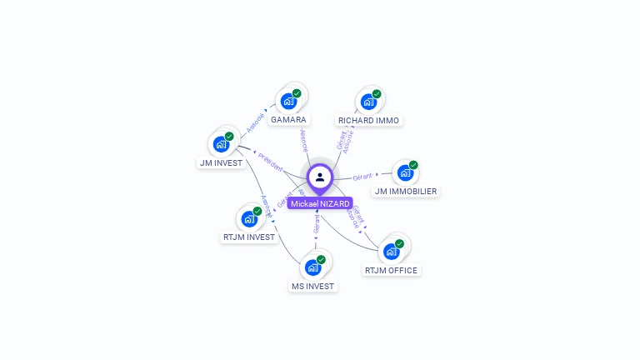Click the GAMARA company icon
tap(288, 102)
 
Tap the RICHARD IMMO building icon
tap(368, 102)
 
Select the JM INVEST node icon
tap(221, 144)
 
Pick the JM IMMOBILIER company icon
tap(405, 173)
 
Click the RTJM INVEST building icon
tap(248, 219)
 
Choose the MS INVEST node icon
tap(312, 267)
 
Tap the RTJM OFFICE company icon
tap(391, 252)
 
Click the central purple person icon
tap(320, 177)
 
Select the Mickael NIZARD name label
tap(320, 203)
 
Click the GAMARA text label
tap(288, 120)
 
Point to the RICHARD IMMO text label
tap(368, 121)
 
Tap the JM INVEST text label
tap(221, 163)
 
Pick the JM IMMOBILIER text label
tap(406, 192)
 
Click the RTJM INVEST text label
tap(248, 237)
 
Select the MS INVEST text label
tap(312, 287)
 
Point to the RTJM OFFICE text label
tap(391, 271)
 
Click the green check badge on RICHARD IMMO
tap(377, 94)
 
